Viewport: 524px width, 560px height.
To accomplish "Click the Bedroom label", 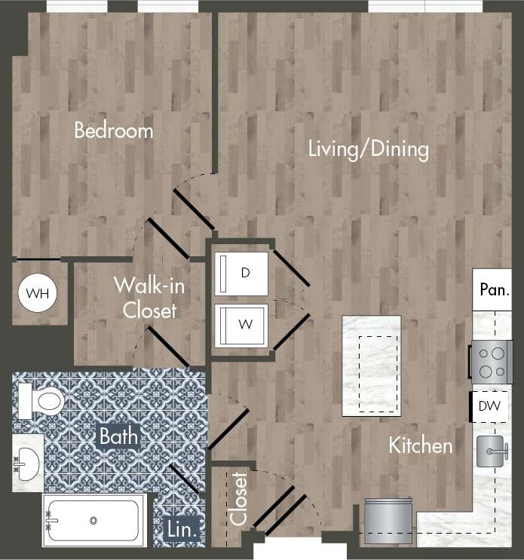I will click(x=113, y=130).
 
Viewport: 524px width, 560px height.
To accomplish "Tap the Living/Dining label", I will click(x=368, y=148).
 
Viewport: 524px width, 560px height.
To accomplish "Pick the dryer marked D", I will click(x=242, y=274).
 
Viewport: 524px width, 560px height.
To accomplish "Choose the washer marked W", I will click(x=242, y=326).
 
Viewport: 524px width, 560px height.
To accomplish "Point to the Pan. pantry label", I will click(x=495, y=290).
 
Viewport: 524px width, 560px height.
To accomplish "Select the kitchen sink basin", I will click(x=489, y=451).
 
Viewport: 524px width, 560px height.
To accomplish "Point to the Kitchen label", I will click(x=421, y=445).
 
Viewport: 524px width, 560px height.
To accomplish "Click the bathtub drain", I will click(x=93, y=520).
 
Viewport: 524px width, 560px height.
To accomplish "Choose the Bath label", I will click(x=118, y=435).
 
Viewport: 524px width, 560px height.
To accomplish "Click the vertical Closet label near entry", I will click(x=239, y=498).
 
